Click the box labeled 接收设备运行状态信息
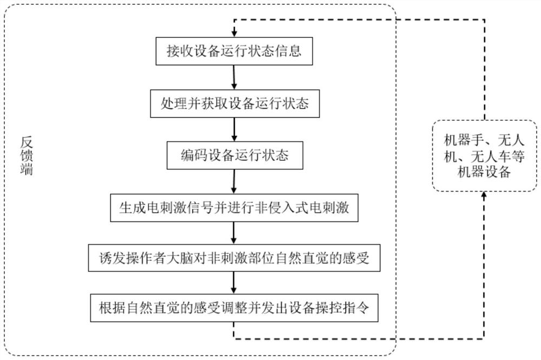point(234,52)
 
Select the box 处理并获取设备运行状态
point(234,103)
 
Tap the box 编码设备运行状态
point(234,156)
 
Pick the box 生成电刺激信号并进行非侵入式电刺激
point(234,207)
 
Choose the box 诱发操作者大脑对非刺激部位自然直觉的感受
point(234,258)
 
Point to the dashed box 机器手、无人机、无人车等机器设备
point(485,156)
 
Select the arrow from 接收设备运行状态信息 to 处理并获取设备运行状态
point(234,77)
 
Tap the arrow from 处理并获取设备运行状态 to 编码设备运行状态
point(234,130)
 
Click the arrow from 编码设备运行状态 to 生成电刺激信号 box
point(234,181)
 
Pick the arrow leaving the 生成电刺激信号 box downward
point(234,233)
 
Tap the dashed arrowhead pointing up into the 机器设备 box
point(484,195)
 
